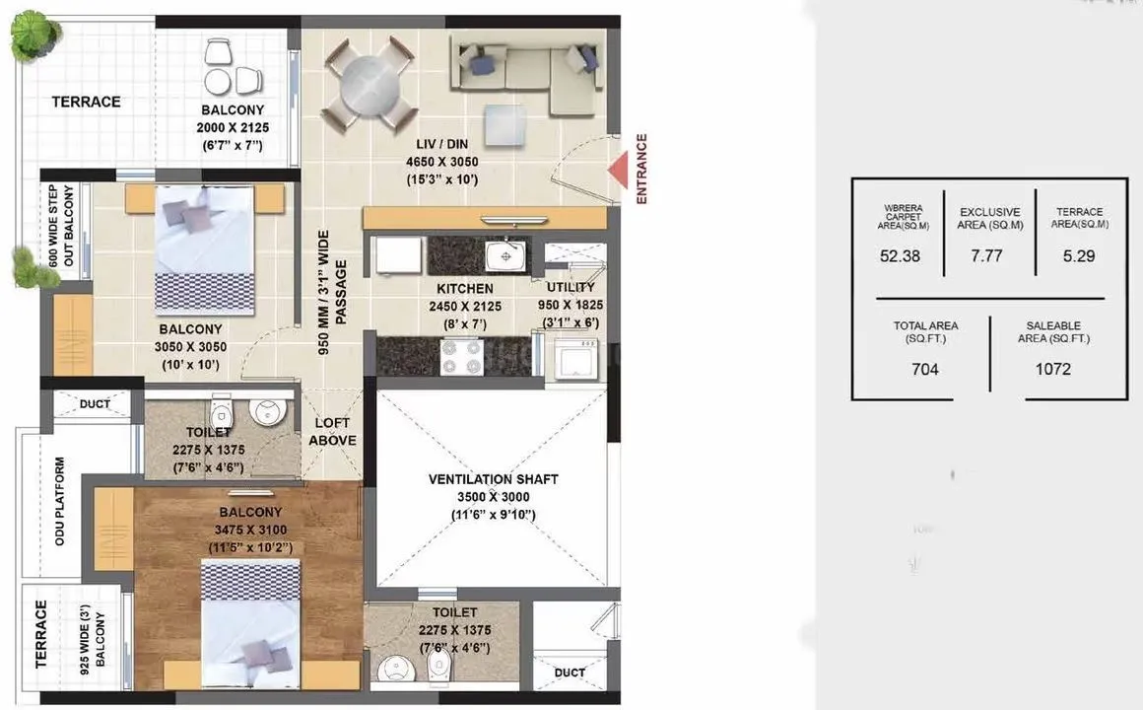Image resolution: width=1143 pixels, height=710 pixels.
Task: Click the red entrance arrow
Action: point(618,171)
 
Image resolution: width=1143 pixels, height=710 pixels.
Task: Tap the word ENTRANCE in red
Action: point(642,170)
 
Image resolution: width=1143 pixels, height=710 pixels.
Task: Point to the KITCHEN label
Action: point(465,289)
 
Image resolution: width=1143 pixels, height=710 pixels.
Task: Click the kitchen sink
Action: point(505,256)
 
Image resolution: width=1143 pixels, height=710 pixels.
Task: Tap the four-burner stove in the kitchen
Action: point(460,356)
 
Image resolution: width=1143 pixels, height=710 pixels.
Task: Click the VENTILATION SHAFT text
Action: point(493,479)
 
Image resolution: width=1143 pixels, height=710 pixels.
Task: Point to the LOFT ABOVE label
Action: point(332,432)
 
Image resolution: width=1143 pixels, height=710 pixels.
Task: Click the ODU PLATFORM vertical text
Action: point(60,501)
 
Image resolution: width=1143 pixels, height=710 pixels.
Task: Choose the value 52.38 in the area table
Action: point(899,255)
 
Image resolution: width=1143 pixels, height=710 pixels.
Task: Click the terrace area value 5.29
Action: point(1080,255)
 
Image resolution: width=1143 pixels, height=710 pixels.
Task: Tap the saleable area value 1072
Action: point(1052,370)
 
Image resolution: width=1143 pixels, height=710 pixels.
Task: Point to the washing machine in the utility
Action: point(574,358)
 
